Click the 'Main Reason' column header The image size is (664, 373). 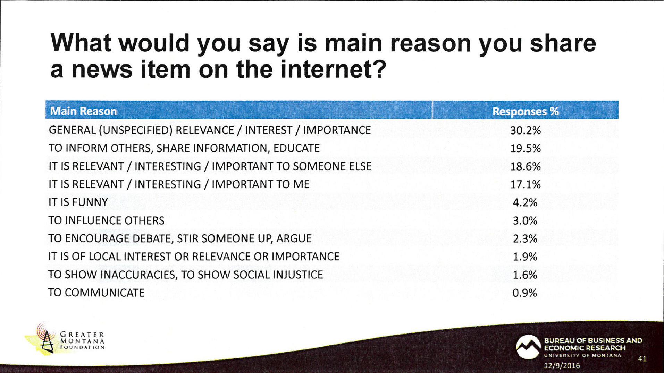pyautogui.click(x=83, y=111)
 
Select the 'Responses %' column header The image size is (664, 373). pyautogui.click(x=526, y=111)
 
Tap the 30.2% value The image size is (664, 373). pyautogui.click(x=526, y=130)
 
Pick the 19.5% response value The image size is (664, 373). pyautogui.click(x=526, y=148)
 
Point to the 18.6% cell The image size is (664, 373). pyautogui.click(x=526, y=166)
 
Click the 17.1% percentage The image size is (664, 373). pyautogui.click(x=526, y=184)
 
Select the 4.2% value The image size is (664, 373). pyautogui.click(x=525, y=202)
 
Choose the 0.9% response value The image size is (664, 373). pyautogui.click(x=525, y=293)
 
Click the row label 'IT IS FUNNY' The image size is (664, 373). pyautogui.click(x=78, y=202)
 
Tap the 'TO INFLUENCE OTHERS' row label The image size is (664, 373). pyautogui.click(x=106, y=220)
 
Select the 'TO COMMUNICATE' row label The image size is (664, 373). pyautogui.click(x=96, y=293)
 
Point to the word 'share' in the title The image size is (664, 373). pyautogui.click(x=563, y=43)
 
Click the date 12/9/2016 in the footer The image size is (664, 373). pyautogui.click(x=562, y=365)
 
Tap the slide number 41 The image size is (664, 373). pyautogui.click(x=642, y=359)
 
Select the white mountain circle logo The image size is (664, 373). pyautogui.click(x=528, y=347)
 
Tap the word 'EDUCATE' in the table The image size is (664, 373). pyautogui.click(x=296, y=148)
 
